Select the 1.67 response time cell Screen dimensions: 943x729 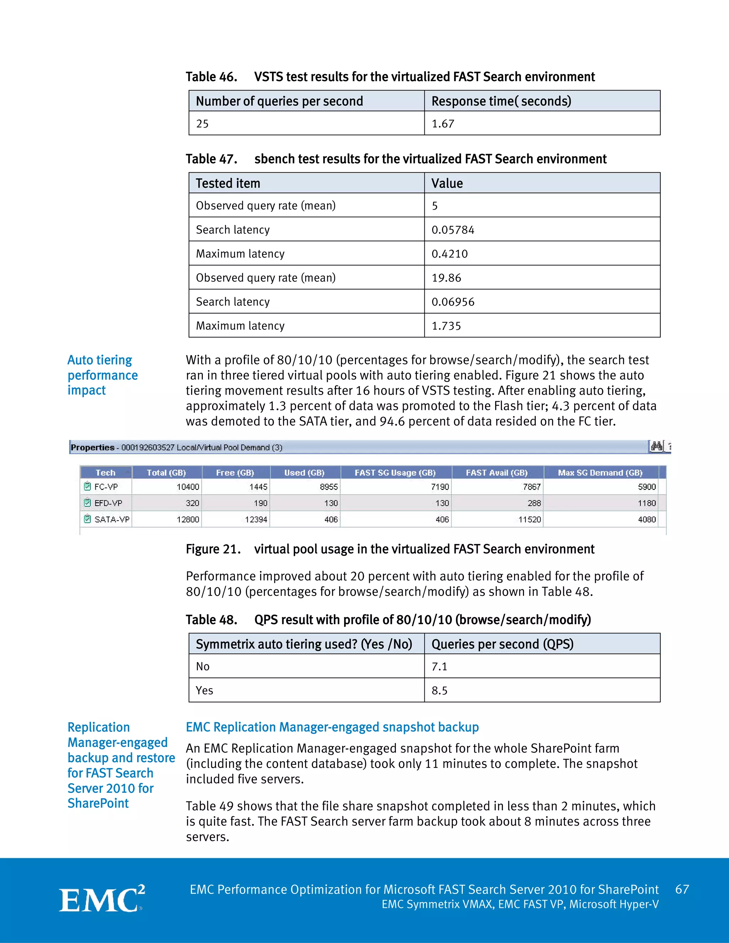coord(443,124)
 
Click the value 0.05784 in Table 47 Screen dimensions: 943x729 coord(453,230)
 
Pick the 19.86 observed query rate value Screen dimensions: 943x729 coord(446,278)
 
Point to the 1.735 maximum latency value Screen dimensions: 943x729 coord(446,326)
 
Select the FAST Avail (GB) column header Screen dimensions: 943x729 coord(497,473)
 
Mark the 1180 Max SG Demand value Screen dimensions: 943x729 coord(646,503)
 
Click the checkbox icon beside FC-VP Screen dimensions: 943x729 coord(88,486)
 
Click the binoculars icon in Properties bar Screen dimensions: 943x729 coord(656,447)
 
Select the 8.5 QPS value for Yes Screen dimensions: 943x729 coord(439,690)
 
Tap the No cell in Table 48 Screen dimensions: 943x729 coord(203,666)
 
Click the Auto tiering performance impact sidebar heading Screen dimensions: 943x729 coord(103,375)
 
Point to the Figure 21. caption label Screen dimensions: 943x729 coord(213,549)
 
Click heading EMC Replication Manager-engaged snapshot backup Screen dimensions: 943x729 coord(332,727)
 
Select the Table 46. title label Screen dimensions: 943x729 coord(211,77)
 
